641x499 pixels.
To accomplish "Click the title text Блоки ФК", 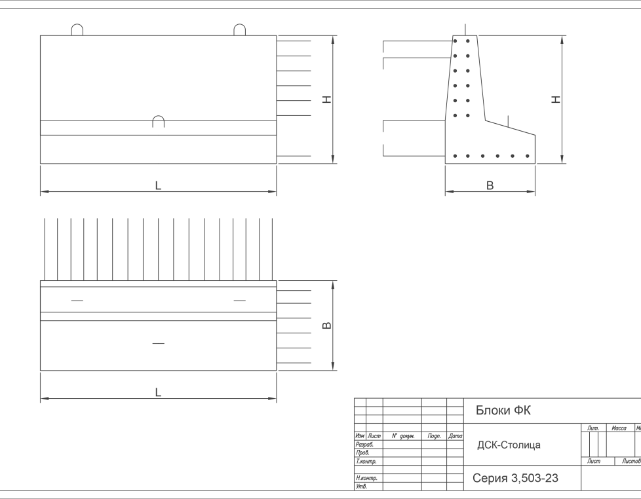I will pyautogui.click(x=503, y=411).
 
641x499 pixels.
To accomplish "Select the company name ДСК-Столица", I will pyautogui.click(x=509, y=445).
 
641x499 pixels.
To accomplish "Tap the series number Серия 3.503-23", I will pyautogui.click(x=515, y=479).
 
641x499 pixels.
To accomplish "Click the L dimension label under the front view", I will pyautogui.click(x=158, y=186).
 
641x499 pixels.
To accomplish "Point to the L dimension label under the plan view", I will pyautogui.click(x=158, y=392).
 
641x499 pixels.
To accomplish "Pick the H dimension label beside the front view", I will pyautogui.click(x=326, y=100).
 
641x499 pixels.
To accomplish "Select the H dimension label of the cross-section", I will pyautogui.click(x=556, y=100).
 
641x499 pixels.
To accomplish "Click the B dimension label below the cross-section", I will pyautogui.click(x=490, y=186).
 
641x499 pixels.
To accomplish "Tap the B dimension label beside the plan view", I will pyautogui.click(x=327, y=325).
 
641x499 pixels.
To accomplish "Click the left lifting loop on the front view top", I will pyautogui.click(x=77, y=30).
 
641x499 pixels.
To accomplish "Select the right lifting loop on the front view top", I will pyautogui.click(x=240, y=30).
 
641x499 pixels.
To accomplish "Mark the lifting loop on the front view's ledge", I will pyautogui.click(x=158, y=120).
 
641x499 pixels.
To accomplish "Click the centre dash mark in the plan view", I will pyautogui.click(x=158, y=343).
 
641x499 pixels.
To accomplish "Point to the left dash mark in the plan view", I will pyautogui.click(x=77, y=301).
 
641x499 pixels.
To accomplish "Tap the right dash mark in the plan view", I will pyautogui.click(x=240, y=301).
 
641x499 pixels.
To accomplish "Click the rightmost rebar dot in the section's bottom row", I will pyautogui.click(x=528, y=156).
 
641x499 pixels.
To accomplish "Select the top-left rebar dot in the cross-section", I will pyautogui.click(x=454, y=41).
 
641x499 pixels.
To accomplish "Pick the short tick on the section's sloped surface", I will pyautogui.click(x=508, y=120).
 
